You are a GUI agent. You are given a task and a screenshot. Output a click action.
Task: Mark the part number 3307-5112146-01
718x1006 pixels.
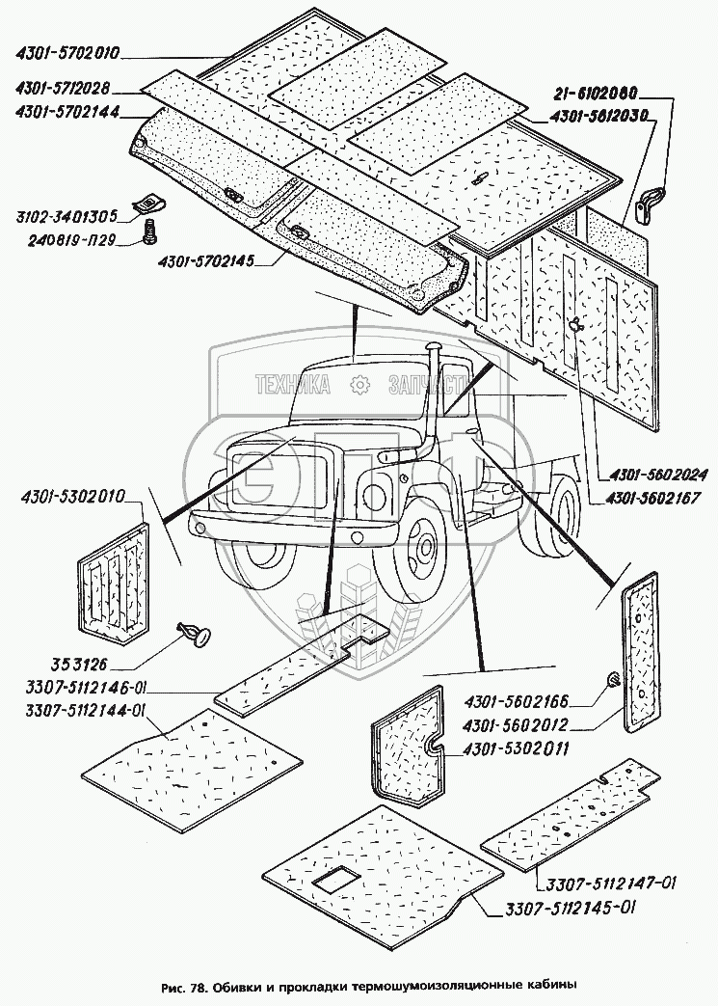(x=74, y=689)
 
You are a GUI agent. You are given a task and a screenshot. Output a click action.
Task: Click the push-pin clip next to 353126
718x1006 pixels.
(x=194, y=633)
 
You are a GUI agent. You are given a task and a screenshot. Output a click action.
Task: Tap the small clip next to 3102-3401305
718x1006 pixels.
(x=148, y=202)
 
